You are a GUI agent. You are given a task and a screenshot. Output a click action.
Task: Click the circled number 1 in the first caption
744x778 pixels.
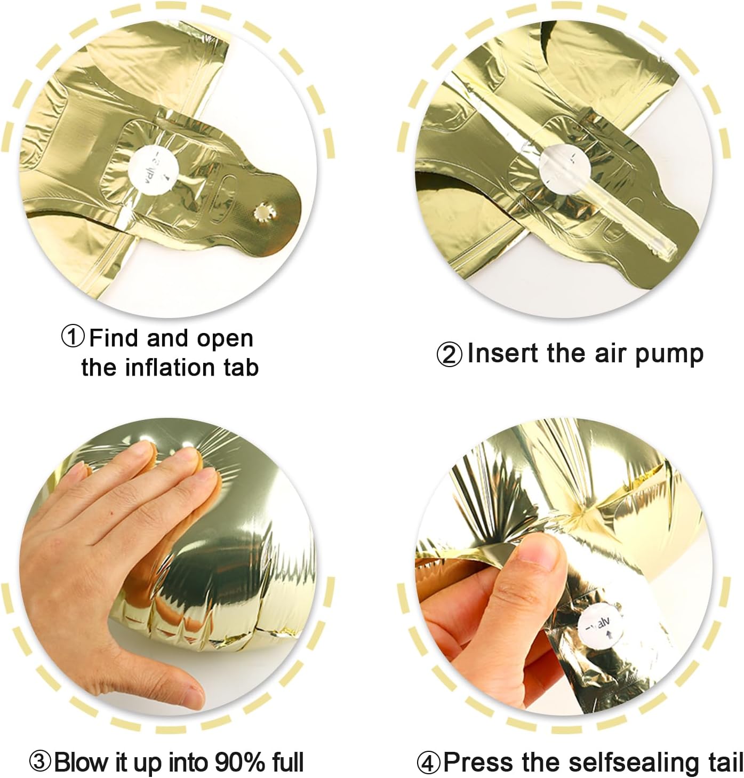tap(73, 338)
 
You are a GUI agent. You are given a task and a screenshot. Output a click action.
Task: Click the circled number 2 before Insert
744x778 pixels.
tap(449, 354)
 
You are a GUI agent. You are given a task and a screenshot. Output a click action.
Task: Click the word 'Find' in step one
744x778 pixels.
tap(114, 338)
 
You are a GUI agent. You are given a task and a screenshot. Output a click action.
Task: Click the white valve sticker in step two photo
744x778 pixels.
tap(560, 165)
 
